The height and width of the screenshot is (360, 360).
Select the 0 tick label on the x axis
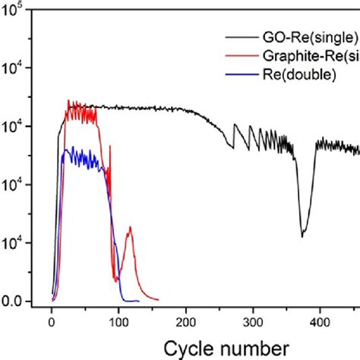coord(52,320)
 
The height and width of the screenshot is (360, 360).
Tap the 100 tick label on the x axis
coord(118,320)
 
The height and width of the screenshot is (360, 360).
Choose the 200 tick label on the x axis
coord(185,320)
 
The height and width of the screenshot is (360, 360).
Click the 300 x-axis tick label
coord(252,320)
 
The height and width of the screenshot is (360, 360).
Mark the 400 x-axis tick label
coord(319,320)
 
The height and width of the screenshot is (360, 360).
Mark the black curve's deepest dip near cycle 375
coord(302,236)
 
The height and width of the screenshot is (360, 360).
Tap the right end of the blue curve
coord(138,301)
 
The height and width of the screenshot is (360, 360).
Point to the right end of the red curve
coord(157,300)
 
